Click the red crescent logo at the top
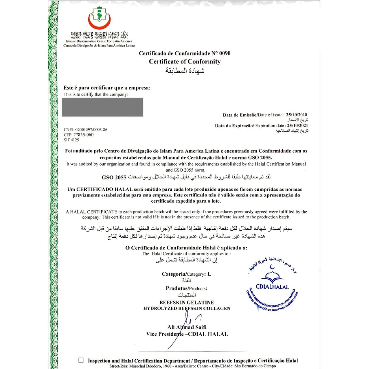click(x=99, y=19)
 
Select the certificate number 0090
click(x=225, y=53)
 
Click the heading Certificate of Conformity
click(x=185, y=62)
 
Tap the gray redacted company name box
click(x=102, y=107)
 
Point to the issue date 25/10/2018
click(x=296, y=115)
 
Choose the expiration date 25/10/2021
click(x=297, y=126)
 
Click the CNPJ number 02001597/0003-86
click(x=91, y=130)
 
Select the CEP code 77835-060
click(x=84, y=135)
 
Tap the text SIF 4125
click(x=72, y=140)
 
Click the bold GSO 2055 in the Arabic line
click(x=114, y=177)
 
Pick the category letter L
click(x=209, y=274)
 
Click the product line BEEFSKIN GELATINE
click(x=187, y=302)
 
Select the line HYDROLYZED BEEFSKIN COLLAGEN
click(x=187, y=308)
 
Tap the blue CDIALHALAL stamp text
click(x=272, y=287)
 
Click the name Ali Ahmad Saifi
click(x=187, y=327)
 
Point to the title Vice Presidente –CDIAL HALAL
click(x=187, y=334)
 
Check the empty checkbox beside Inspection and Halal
click(x=81, y=360)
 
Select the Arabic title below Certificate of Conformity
click(x=185, y=71)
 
